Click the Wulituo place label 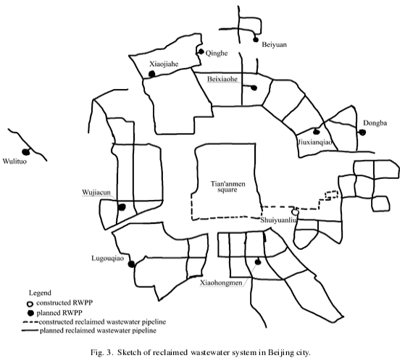(14, 162)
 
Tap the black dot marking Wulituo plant (26, 152)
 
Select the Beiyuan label (274, 45)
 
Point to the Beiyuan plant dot (256, 40)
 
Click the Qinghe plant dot (201, 51)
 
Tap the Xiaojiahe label (164, 64)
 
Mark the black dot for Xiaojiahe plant (152, 74)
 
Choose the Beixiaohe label (222, 79)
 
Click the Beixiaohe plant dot (254, 88)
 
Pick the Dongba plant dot (362, 133)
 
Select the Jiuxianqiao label (315, 142)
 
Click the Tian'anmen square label (227, 187)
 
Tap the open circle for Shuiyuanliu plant (296, 212)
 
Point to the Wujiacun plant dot (122, 207)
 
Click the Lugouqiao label (108, 259)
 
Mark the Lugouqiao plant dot (132, 264)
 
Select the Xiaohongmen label (221, 282)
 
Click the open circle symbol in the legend (30, 304)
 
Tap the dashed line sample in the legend (30, 322)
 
